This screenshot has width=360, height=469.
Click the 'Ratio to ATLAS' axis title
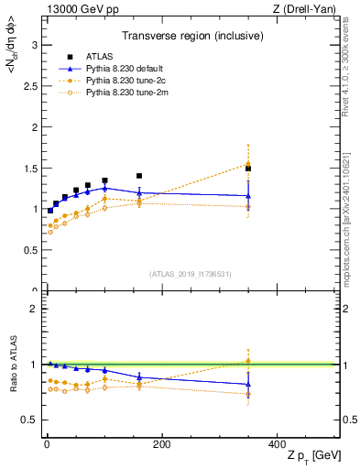point(12,364)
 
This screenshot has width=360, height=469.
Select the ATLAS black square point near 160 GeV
point(139,176)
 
